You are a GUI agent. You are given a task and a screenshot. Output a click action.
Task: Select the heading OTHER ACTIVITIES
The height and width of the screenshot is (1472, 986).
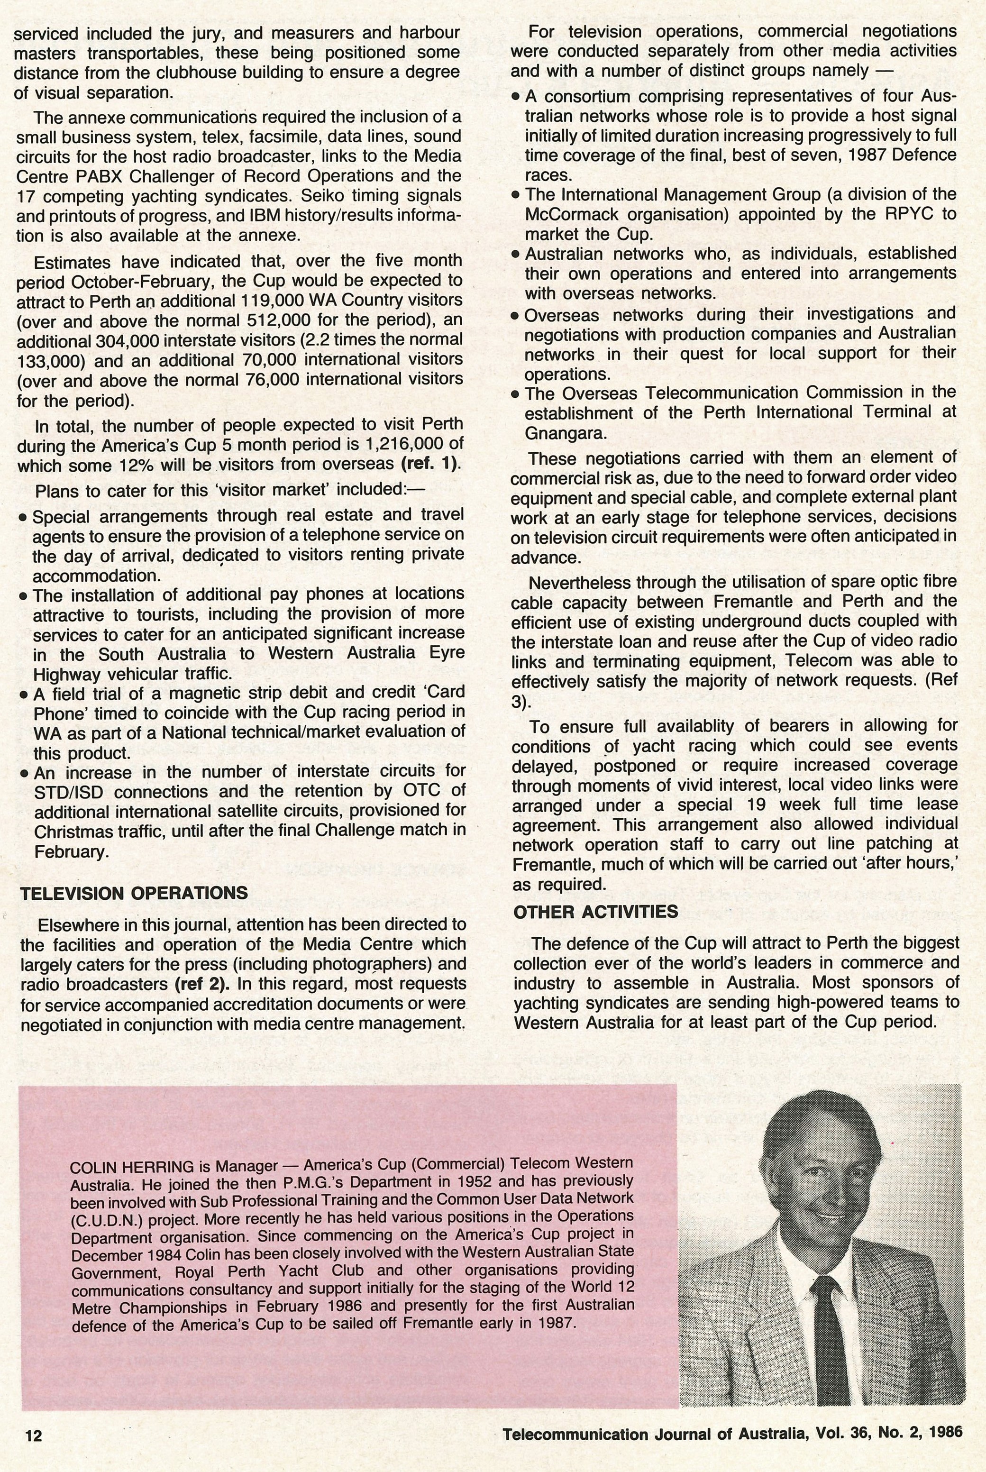click(595, 912)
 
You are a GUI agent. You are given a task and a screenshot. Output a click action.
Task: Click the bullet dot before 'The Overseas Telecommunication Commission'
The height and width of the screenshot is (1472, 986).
click(516, 395)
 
